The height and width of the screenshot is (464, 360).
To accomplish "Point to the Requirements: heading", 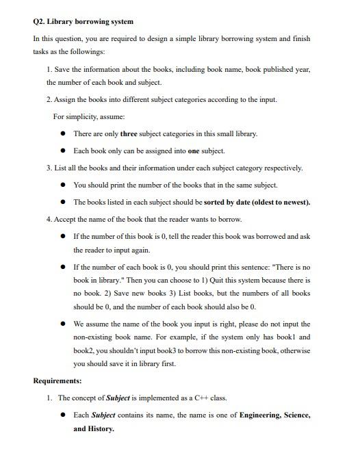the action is click(x=57, y=381).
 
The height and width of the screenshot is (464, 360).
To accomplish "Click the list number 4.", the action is click(x=49, y=219).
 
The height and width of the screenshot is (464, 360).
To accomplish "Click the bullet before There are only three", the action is click(x=63, y=133).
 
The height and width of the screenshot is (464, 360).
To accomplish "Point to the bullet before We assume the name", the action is click(x=63, y=324).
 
